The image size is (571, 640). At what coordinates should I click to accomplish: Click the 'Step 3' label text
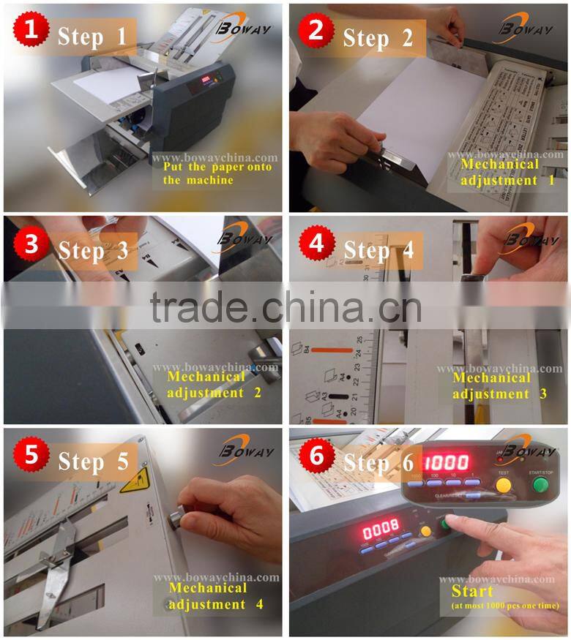click(x=93, y=250)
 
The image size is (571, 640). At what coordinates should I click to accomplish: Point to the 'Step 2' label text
click(x=378, y=37)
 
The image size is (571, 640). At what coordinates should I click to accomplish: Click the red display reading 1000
click(x=448, y=462)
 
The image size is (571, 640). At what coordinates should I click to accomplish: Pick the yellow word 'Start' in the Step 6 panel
click(x=472, y=590)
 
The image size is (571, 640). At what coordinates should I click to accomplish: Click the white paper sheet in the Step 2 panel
click(x=425, y=110)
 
